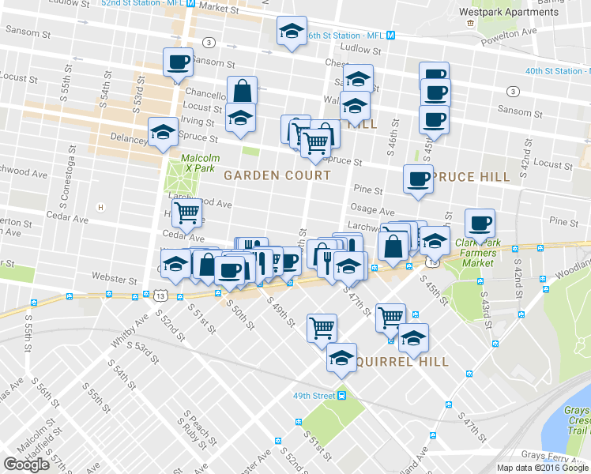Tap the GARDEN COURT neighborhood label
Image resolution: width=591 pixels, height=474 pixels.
coord(265,175)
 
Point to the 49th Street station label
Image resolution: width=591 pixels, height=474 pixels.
coord(314,395)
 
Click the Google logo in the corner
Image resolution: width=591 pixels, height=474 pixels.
coord(26,465)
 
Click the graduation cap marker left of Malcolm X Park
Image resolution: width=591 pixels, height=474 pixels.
coord(164,131)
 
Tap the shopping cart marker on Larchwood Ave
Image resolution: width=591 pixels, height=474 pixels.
coord(186,211)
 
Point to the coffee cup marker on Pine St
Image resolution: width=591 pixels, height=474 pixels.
coord(418,178)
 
